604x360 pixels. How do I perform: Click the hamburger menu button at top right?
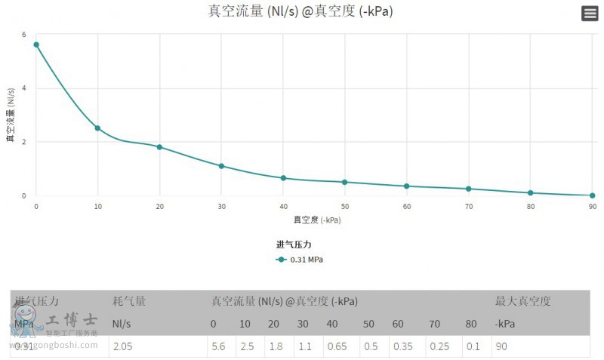click(590, 13)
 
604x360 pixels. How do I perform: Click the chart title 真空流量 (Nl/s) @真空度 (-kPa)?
click(300, 11)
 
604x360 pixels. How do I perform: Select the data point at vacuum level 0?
click(36, 45)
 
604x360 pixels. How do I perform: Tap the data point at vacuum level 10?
click(97, 128)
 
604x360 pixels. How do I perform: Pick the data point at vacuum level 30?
click(221, 166)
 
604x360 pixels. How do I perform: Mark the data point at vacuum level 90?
click(592, 195)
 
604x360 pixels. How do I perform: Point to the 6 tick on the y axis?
click(24, 35)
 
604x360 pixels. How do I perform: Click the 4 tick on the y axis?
click(24, 88)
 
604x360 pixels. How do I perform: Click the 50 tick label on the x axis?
click(345, 206)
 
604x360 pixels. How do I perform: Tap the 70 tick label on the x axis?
click(468, 206)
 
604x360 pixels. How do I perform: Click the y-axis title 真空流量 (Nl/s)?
click(11, 115)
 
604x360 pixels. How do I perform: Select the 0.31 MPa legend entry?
click(300, 260)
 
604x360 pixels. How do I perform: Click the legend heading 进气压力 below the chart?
click(294, 245)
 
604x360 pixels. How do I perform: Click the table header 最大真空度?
click(522, 301)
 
